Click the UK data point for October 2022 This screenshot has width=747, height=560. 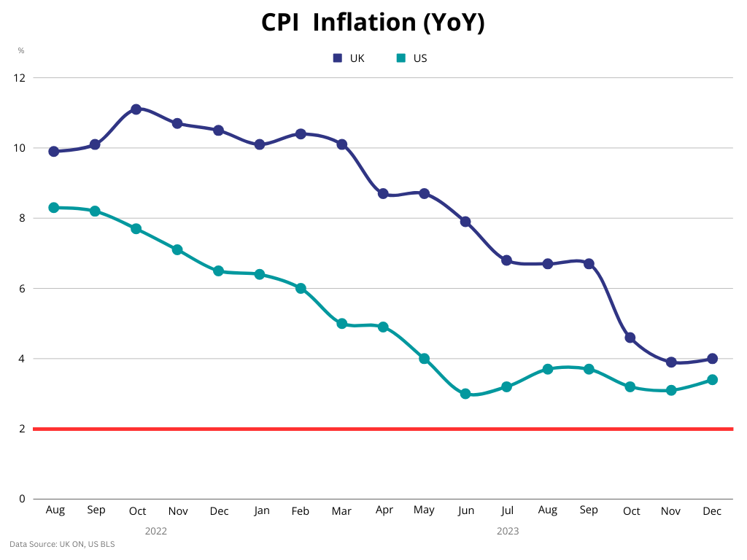coord(136,109)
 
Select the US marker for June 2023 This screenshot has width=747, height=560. coord(465,394)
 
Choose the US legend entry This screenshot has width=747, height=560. coord(411,58)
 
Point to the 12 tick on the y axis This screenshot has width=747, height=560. coord(20,77)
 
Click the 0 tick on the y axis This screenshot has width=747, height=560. coord(22,499)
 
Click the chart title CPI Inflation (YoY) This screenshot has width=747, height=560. coord(373,23)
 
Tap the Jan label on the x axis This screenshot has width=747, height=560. coord(260,510)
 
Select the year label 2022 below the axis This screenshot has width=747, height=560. coord(156,531)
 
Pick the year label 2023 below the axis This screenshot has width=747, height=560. coord(508,531)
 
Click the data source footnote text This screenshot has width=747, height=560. coord(62,544)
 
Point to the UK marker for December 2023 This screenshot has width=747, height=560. coord(712,359)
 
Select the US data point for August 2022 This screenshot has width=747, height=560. coord(54,208)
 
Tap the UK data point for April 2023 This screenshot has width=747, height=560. coord(383,194)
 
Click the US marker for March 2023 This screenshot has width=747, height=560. coord(341,324)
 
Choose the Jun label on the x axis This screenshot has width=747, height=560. coord(465,510)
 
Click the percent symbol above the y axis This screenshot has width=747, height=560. coord(21,50)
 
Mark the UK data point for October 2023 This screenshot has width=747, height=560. coord(630,338)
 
